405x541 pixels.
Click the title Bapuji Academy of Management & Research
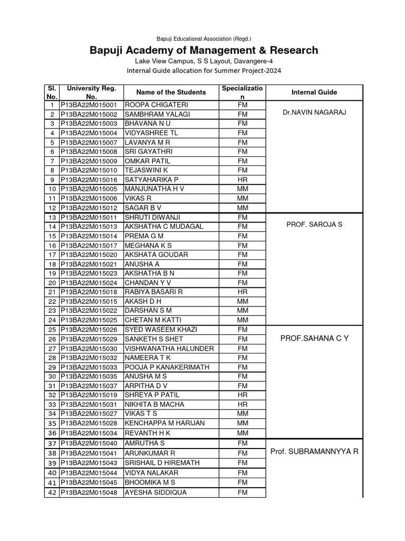pyautogui.click(x=203, y=51)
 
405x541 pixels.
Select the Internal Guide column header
pyautogui.click(x=314, y=92)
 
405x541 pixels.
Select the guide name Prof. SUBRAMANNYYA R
pyautogui.click(x=314, y=452)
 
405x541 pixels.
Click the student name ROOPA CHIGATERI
pyautogui.click(x=151, y=105)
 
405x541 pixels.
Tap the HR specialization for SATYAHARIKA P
pyautogui.click(x=243, y=180)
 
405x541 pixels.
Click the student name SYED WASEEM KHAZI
pyautogui.click(x=160, y=330)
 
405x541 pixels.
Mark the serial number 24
pyautogui.click(x=52, y=320)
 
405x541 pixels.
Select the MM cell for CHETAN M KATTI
pyautogui.click(x=243, y=320)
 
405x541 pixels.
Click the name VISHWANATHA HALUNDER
pyautogui.click(x=169, y=349)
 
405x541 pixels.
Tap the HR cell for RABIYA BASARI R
pyautogui.click(x=243, y=292)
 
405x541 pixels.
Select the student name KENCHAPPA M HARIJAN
pyautogui.click(x=164, y=423)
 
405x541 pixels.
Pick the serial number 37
pyautogui.click(x=52, y=443)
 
